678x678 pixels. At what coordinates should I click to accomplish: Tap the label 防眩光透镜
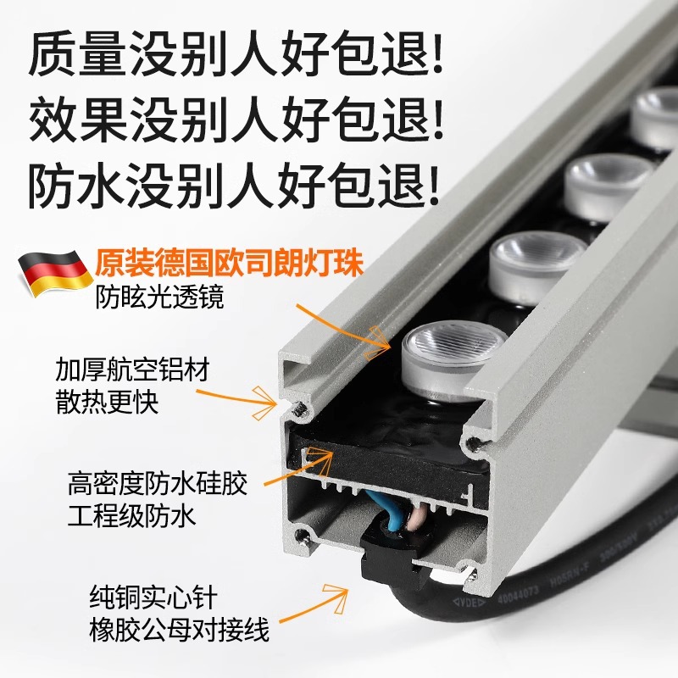click(160, 297)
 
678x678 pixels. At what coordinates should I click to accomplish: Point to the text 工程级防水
click(132, 516)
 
